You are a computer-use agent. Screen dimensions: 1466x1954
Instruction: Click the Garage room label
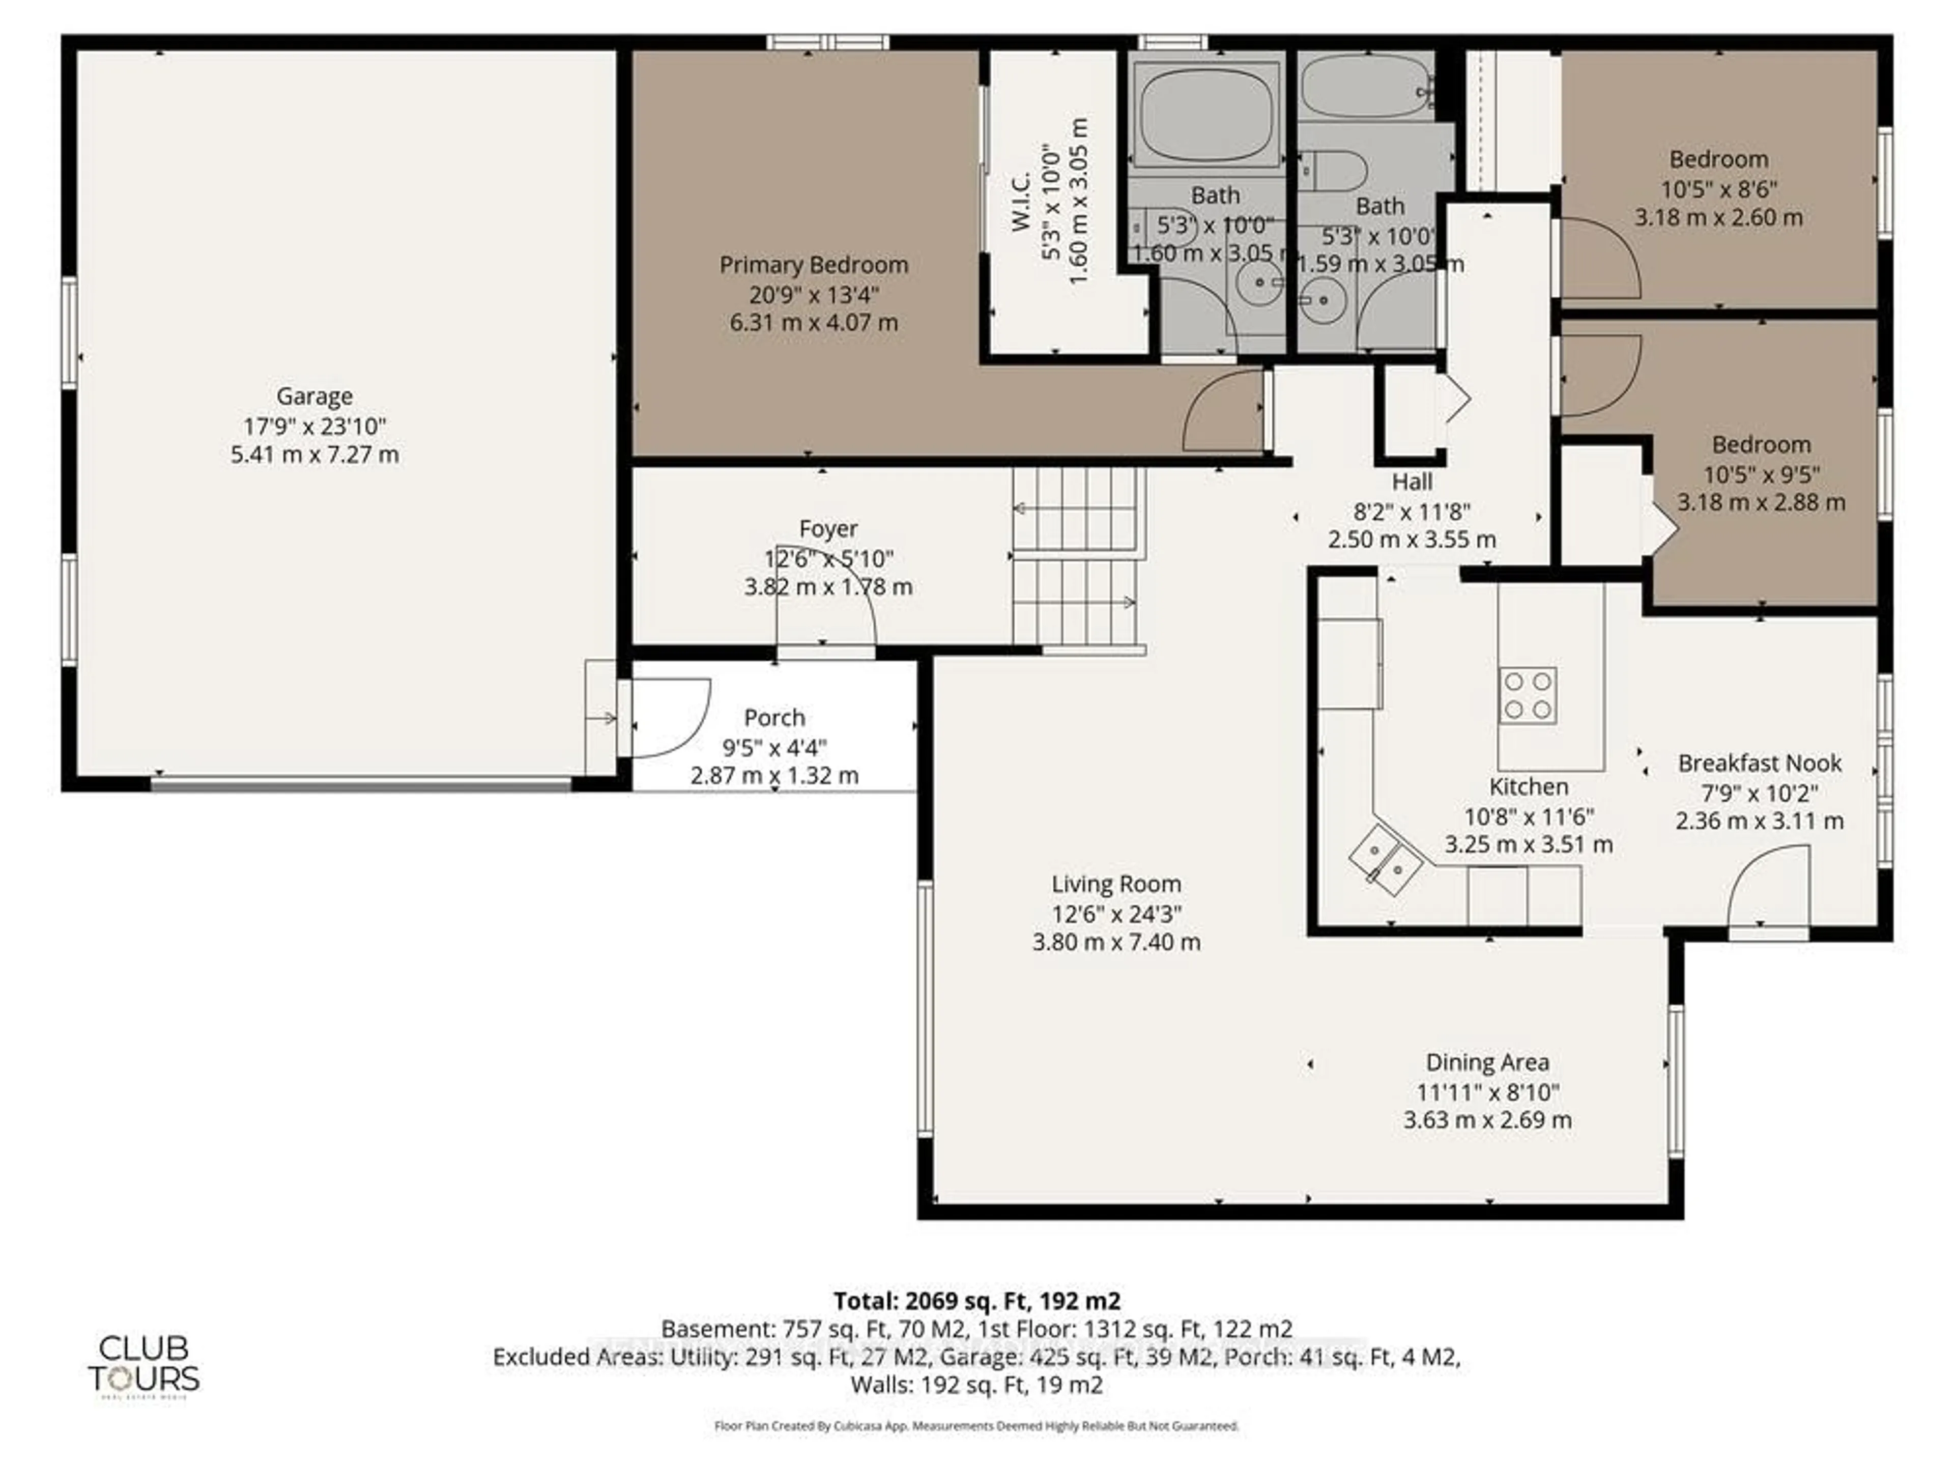pyautogui.click(x=314, y=397)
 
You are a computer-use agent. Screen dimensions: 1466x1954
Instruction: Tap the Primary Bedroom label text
pyautogui.click(x=814, y=265)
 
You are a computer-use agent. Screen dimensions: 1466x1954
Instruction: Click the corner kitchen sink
pyautogui.click(x=1385, y=860)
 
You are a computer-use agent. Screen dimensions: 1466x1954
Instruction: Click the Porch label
pyautogui.click(x=774, y=718)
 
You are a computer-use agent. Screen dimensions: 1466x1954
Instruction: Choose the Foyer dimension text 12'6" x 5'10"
pyautogui.click(x=828, y=558)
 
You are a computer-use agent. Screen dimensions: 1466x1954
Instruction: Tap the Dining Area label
pyautogui.click(x=1487, y=1062)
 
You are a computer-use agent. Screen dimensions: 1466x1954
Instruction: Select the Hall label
pyautogui.click(x=1412, y=483)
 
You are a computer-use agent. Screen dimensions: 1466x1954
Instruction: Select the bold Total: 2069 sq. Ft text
pyautogui.click(x=976, y=1301)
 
